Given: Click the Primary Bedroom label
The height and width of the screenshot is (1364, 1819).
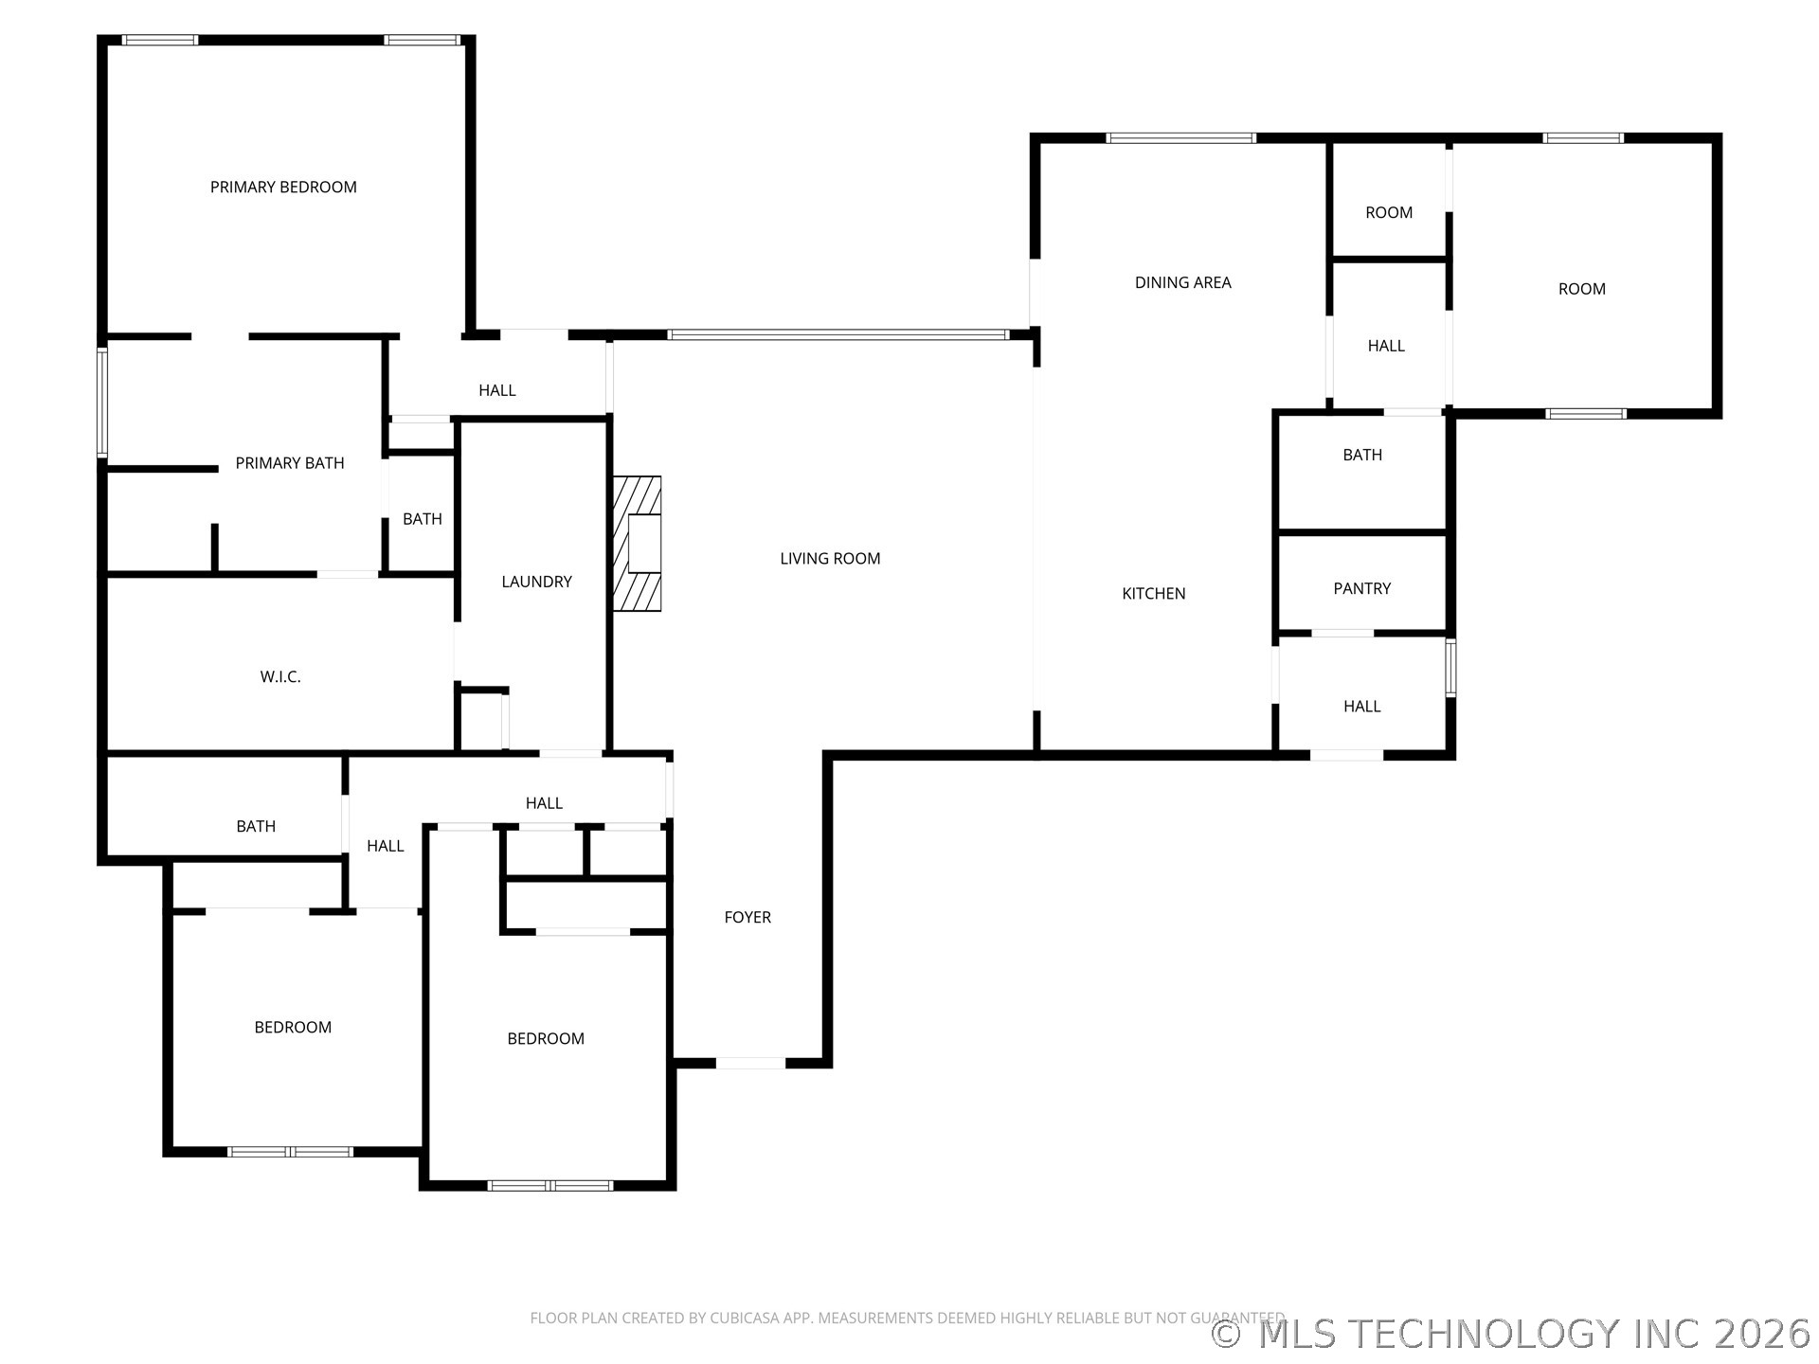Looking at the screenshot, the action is (x=283, y=188).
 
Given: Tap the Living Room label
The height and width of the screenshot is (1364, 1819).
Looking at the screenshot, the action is (x=830, y=559).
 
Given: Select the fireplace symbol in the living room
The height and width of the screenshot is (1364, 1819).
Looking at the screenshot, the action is (x=638, y=544).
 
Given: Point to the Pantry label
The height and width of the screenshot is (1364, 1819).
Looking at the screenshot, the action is (x=1362, y=588).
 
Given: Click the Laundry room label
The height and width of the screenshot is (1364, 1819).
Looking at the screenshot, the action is (x=536, y=582).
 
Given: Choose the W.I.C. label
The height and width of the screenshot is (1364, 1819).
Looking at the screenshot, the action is (x=280, y=676).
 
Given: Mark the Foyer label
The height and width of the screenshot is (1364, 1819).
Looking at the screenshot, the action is (x=747, y=917).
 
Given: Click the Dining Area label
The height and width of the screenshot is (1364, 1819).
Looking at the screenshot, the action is (x=1183, y=282).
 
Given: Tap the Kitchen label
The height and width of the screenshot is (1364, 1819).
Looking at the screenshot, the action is (x=1154, y=594).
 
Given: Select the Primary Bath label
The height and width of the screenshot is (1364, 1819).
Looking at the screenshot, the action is (x=290, y=463).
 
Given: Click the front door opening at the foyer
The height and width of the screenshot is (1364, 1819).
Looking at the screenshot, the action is (x=750, y=1063).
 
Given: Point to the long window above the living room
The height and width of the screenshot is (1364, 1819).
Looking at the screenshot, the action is (x=839, y=334).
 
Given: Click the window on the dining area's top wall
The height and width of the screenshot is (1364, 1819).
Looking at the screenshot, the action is (x=1181, y=138).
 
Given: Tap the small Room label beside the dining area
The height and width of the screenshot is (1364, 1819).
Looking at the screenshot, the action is (x=1389, y=213).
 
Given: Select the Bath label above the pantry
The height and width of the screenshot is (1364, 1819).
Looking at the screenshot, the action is (x=1362, y=455).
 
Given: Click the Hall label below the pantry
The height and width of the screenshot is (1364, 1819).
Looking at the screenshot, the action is (x=1362, y=707).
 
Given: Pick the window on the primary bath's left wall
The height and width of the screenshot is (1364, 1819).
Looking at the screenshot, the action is (x=102, y=403).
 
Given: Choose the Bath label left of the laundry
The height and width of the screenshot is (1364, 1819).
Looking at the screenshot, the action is (x=423, y=519).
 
